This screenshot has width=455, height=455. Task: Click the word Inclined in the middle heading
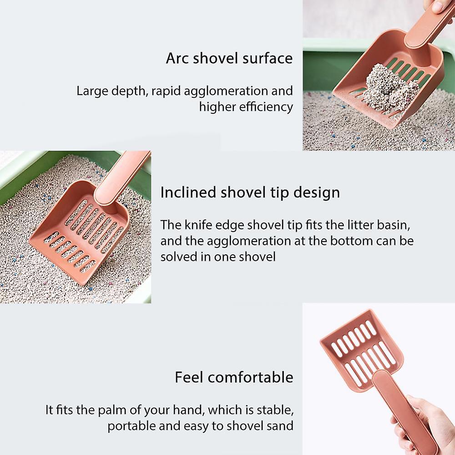click(x=188, y=192)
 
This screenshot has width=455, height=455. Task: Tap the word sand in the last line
click(x=281, y=426)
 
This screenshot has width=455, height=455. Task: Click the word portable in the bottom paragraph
click(x=128, y=426)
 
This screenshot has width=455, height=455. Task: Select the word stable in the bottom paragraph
click(x=277, y=410)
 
